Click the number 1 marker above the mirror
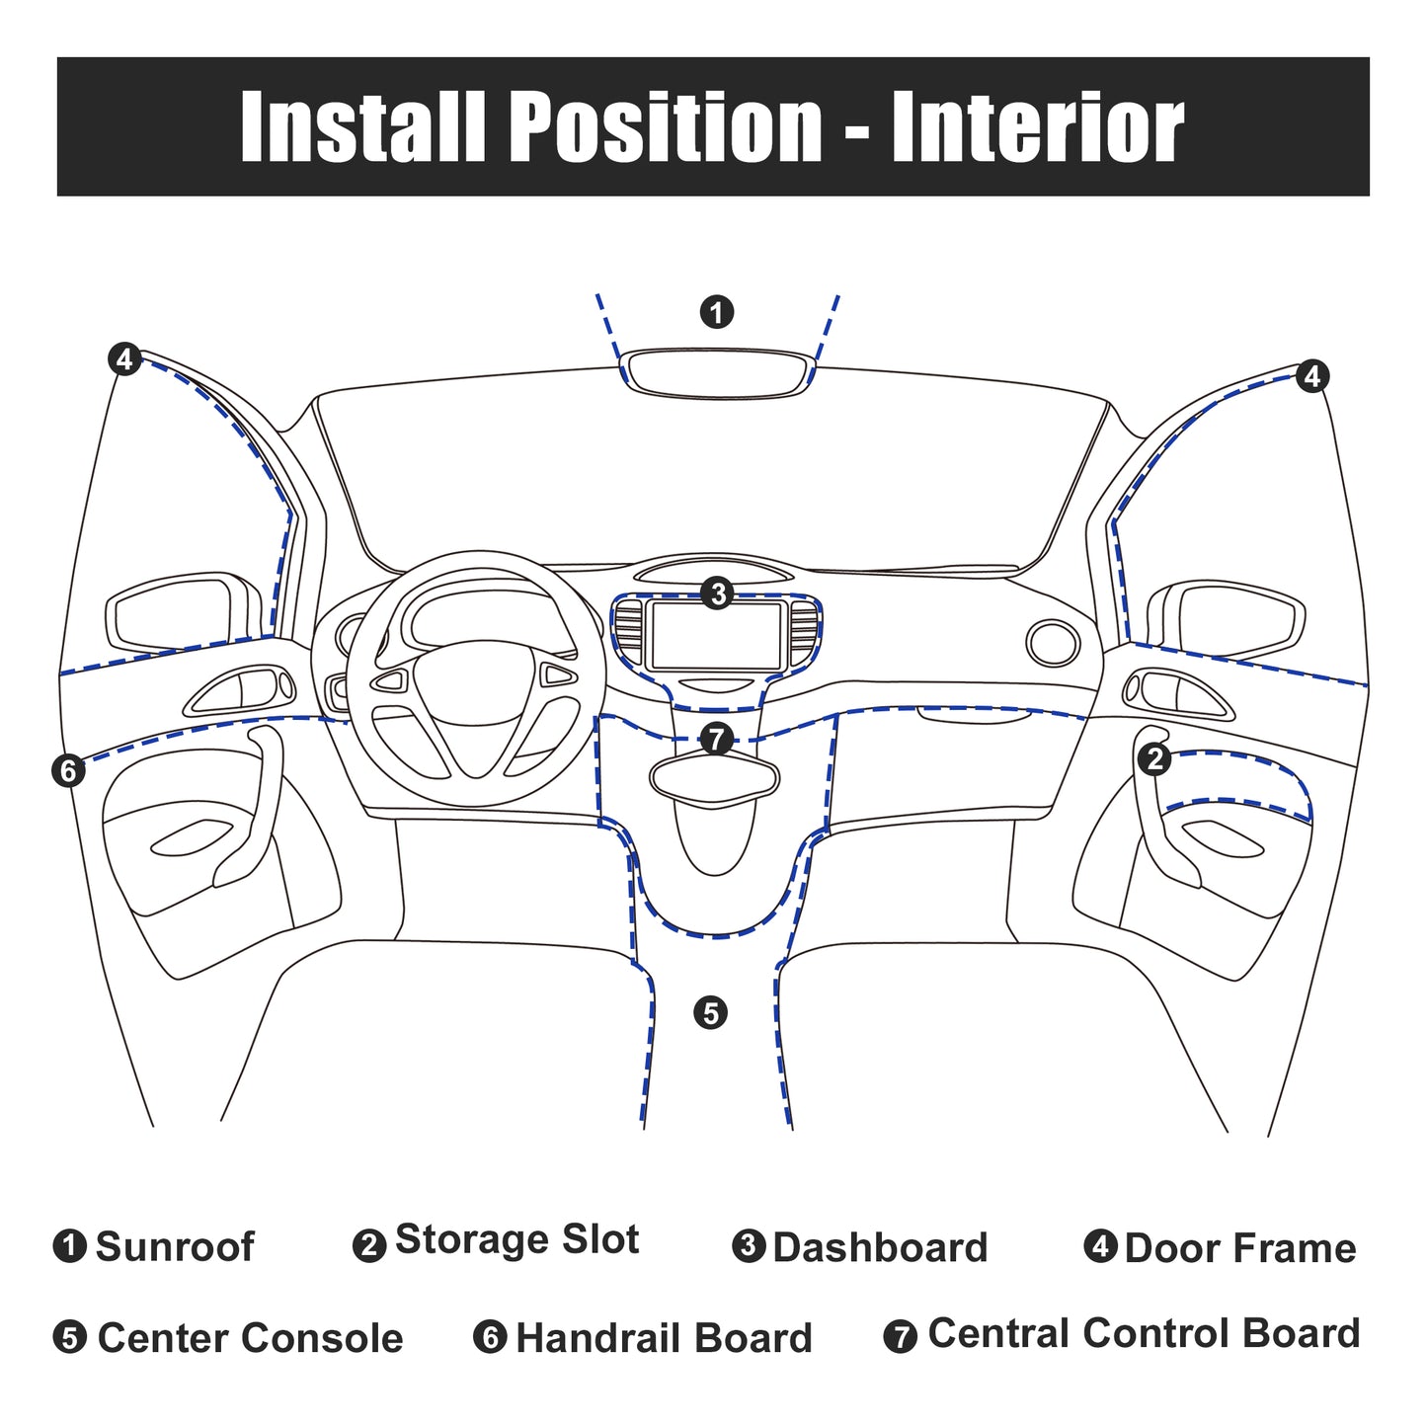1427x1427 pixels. (716, 312)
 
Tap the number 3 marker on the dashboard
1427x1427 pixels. (717, 594)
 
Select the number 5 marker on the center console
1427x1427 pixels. (710, 1013)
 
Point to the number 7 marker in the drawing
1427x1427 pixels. (716, 739)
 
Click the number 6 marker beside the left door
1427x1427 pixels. (68, 771)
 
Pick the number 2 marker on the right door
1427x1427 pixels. (1153, 759)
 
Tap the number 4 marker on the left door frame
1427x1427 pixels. (124, 359)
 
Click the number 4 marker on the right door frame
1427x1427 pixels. (1312, 376)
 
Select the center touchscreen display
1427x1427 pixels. (716, 636)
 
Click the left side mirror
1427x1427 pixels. (184, 609)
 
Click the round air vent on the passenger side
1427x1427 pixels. (1053, 643)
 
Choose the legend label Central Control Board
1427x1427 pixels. (1145, 1333)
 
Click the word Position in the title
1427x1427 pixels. (665, 125)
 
